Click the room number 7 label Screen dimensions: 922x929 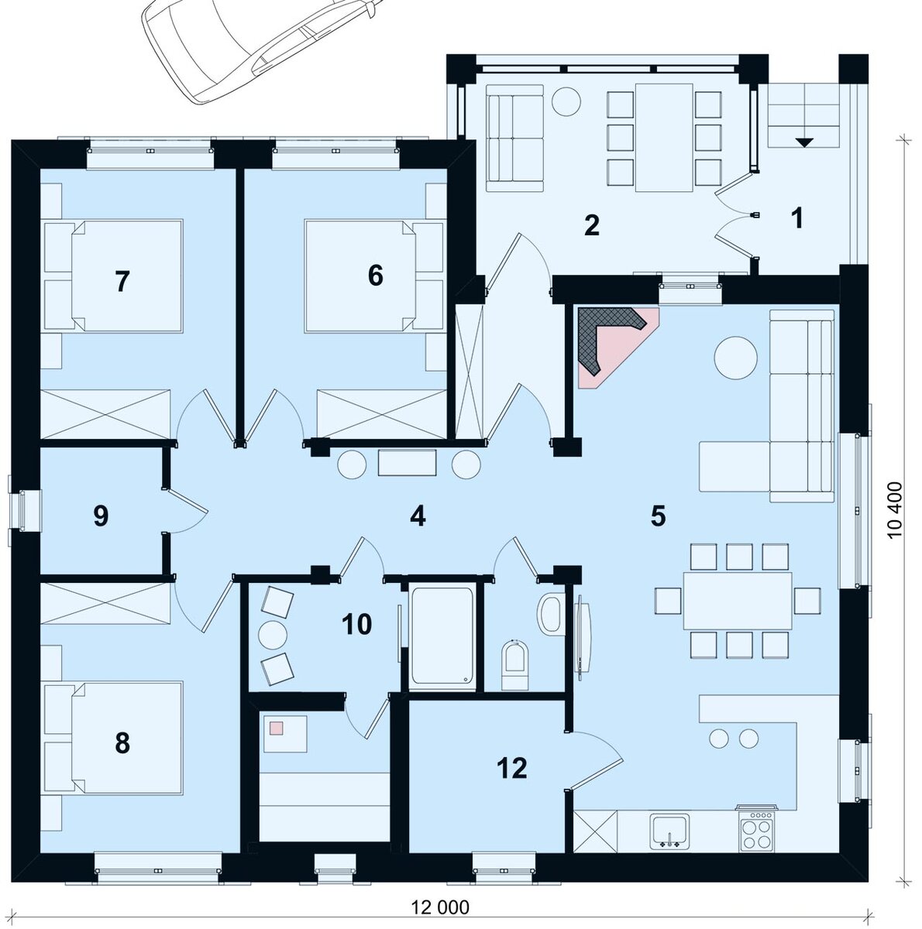[x=122, y=282]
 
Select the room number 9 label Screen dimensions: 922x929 [x=101, y=516]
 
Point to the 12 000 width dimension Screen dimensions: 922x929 [x=440, y=907]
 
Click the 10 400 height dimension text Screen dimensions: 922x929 [x=894, y=516]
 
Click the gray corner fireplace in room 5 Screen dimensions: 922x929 [x=609, y=338]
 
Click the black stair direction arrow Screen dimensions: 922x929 [x=803, y=142]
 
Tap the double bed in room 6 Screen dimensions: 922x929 [x=374, y=276]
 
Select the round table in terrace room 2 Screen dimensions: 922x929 [x=566, y=101]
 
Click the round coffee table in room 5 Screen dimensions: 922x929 [x=736, y=358]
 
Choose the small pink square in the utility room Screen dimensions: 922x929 [x=277, y=728]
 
